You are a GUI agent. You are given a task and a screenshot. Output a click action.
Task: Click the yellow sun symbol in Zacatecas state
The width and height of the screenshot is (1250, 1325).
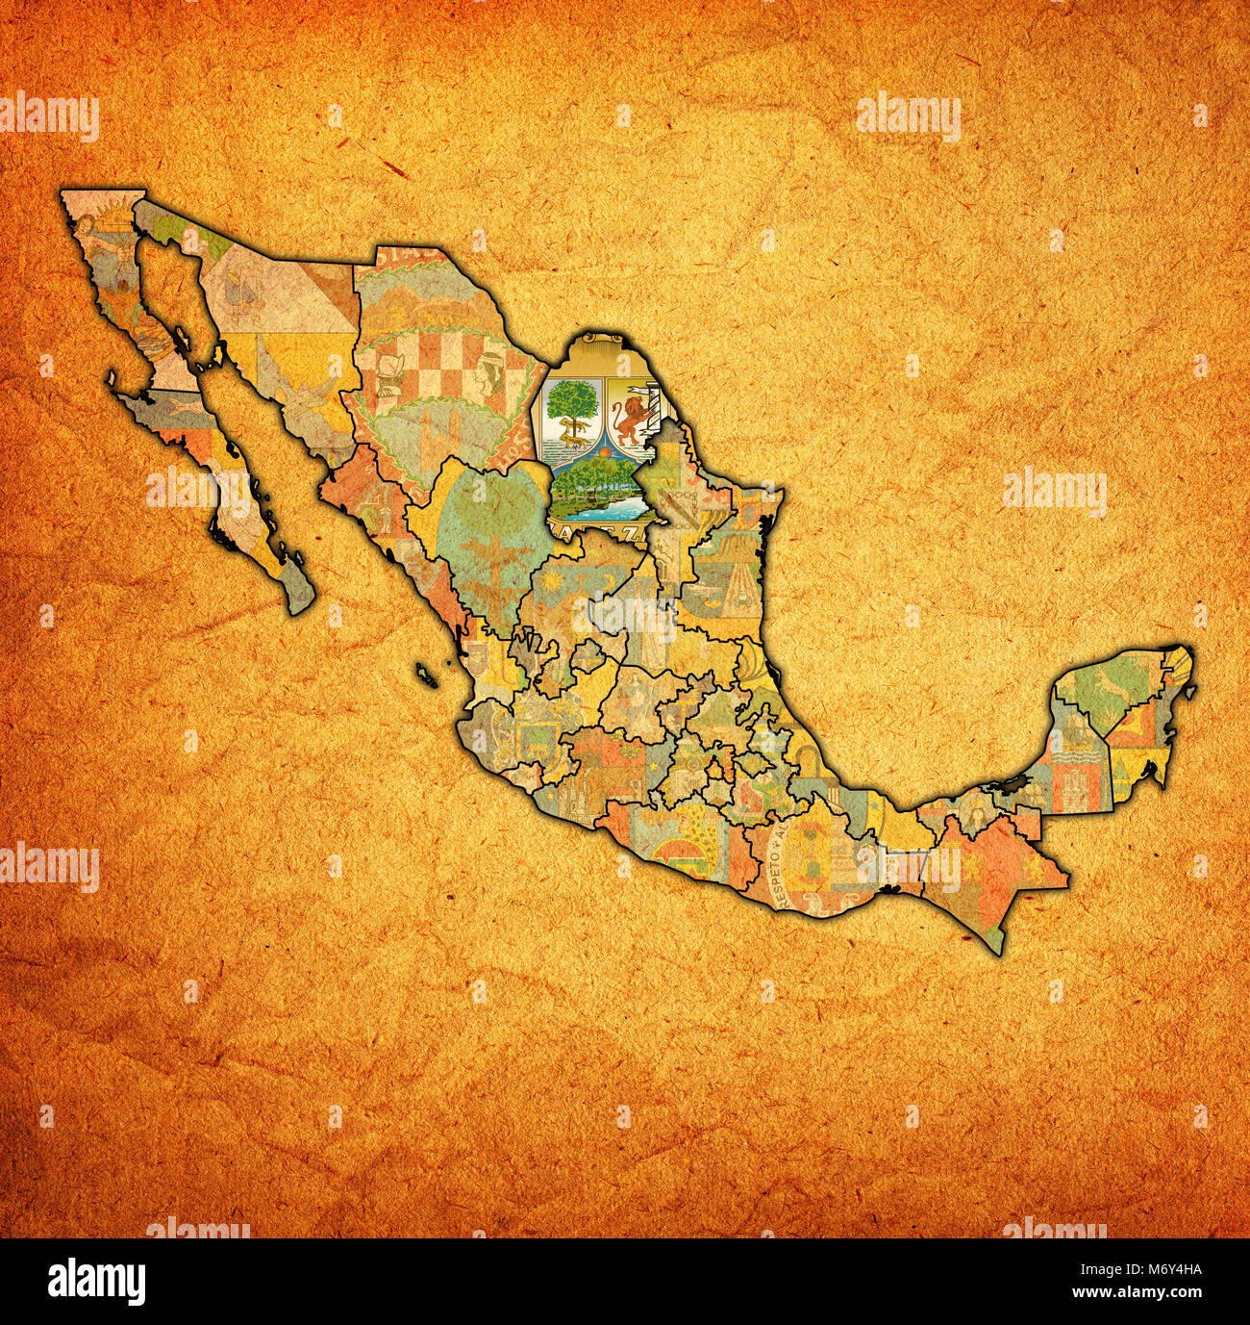point(551,586)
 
